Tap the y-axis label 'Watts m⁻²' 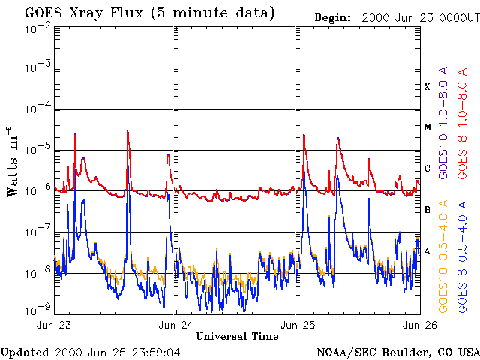click(13, 161)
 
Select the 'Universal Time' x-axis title click(237, 336)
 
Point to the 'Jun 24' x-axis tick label click(177, 325)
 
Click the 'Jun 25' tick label click(298, 325)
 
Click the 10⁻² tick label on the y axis click(37, 28)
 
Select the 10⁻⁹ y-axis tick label click(37, 310)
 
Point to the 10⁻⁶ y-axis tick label click(37, 189)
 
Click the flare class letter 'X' click(427, 87)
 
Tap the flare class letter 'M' click(427, 127)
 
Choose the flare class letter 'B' click(427, 210)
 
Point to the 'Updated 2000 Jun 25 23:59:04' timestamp click(90, 351)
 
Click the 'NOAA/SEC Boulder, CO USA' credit click(397, 351)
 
